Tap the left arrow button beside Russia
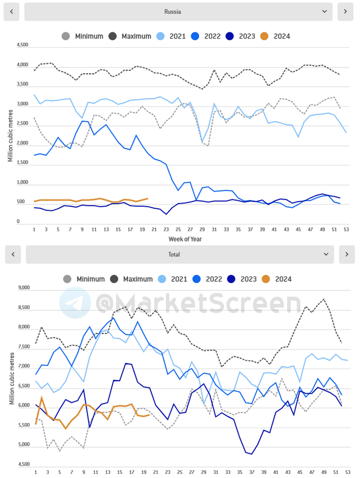[11, 11]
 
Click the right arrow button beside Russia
[345, 11]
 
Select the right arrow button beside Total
[347, 254]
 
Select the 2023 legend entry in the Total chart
[248, 279]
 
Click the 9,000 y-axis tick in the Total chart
[23, 288]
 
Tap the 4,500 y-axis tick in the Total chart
[23, 464]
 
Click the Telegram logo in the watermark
[75, 302]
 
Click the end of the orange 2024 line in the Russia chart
[148, 198]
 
